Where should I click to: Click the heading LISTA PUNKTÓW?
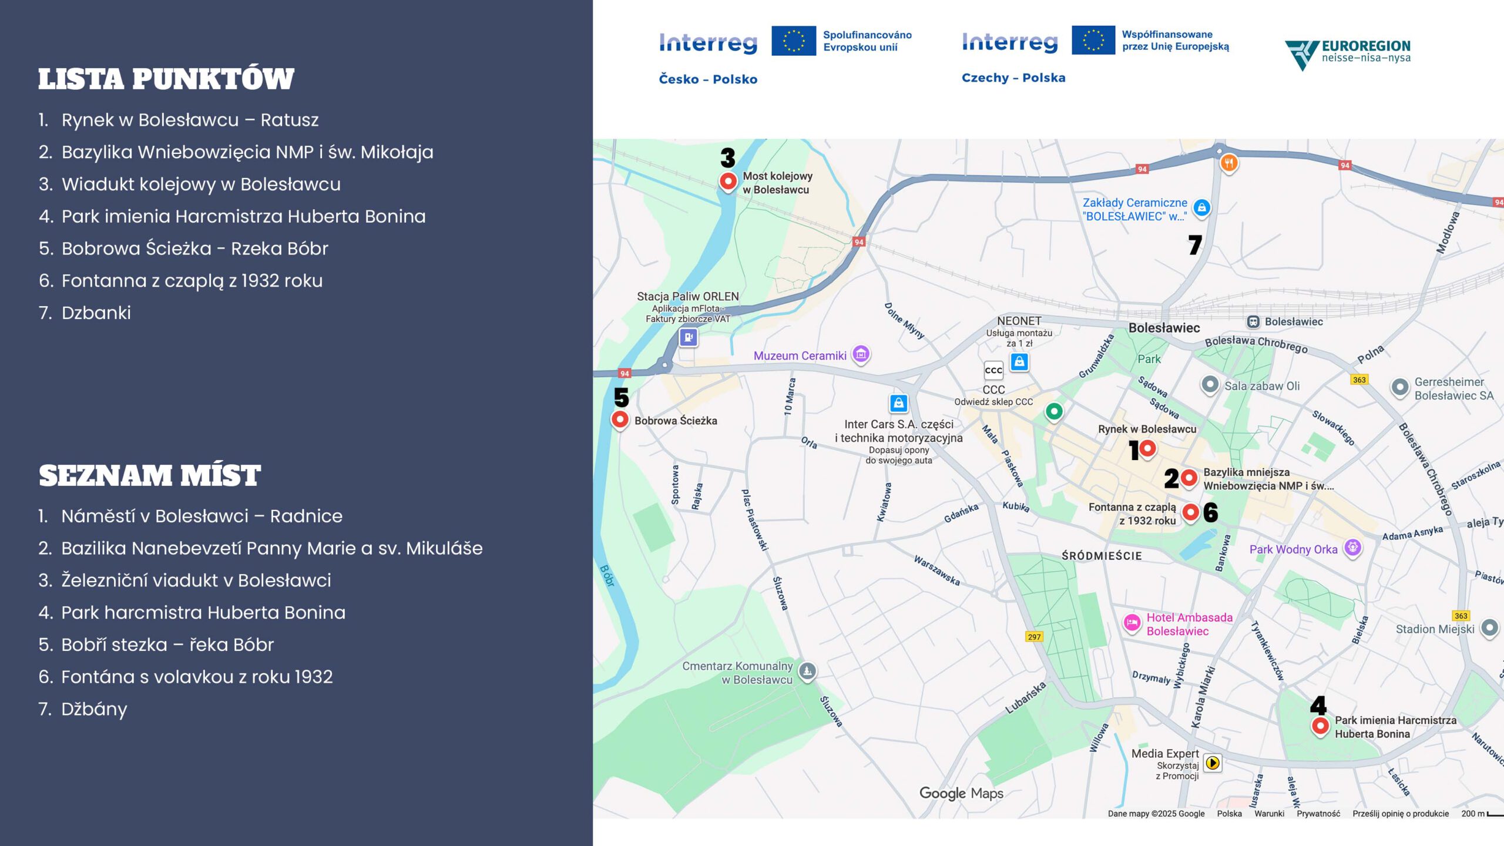[x=166, y=79]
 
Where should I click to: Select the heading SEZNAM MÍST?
[x=150, y=476]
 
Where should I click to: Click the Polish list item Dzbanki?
[x=96, y=313]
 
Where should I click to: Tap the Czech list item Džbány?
[x=94, y=709]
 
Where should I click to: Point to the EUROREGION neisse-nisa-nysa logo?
[x=1348, y=53]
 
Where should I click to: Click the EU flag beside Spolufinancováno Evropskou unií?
[x=793, y=41]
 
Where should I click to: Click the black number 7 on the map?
[x=1195, y=245]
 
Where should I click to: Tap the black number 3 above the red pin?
[x=728, y=157]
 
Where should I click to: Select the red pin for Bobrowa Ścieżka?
[x=620, y=419]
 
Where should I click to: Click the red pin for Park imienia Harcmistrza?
[x=1320, y=726]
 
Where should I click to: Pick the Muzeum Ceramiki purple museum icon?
[x=861, y=354]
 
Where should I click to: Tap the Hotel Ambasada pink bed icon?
[x=1132, y=623]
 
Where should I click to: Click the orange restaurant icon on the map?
[x=1229, y=163]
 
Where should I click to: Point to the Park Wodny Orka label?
[x=1293, y=549]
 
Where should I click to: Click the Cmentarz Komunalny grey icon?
[x=808, y=671]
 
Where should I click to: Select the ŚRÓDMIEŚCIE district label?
[x=1102, y=556]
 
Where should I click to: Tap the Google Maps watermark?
[x=961, y=794]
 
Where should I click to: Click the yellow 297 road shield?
[x=1034, y=637]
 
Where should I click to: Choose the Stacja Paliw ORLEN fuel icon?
[x=688, y=337]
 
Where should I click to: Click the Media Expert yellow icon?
[x=1212, y=763]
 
